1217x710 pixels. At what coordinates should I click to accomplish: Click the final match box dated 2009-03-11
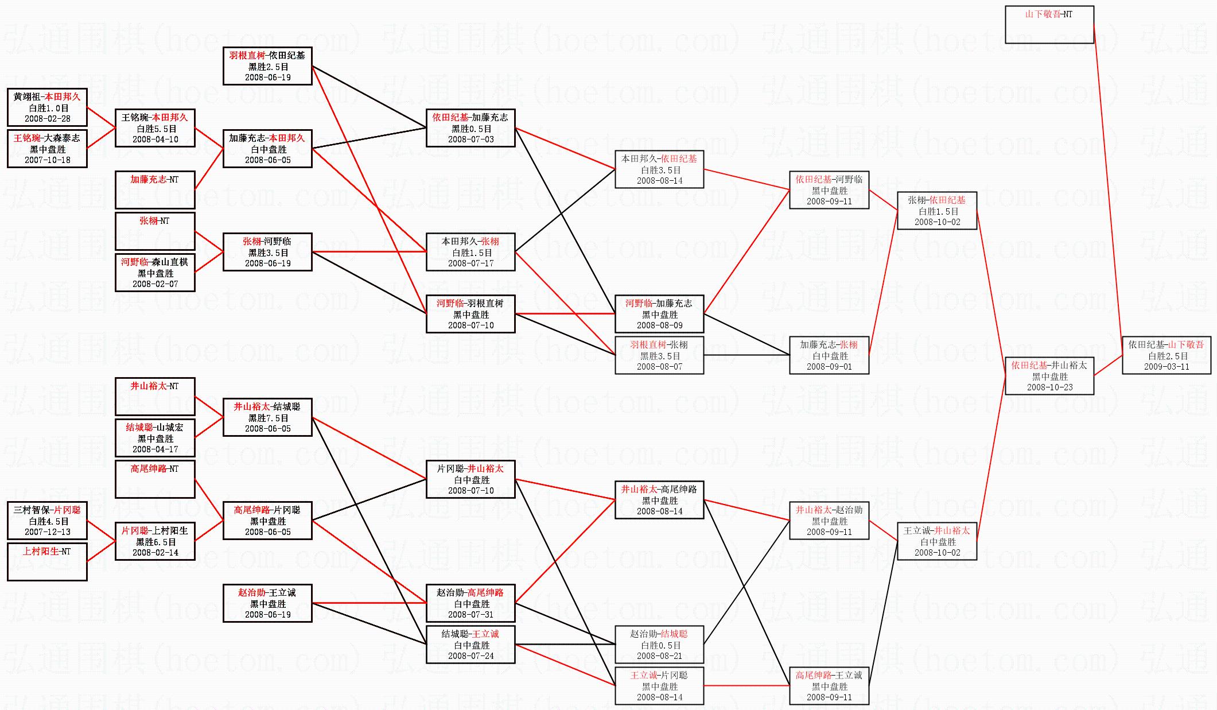pos(1166,355)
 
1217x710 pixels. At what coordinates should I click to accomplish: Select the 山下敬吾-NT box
pos(1049,25)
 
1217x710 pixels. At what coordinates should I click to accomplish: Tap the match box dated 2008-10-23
pos(1049,376)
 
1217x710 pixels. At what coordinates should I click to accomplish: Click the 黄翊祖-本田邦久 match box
pos(47,107)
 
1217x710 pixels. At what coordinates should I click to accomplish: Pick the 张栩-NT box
pos(155,231)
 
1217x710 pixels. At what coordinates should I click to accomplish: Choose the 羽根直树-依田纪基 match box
pos(267,66)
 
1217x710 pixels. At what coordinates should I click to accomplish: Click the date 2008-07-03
pos(471,139)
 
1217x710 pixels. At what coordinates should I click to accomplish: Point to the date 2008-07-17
pos(471,263)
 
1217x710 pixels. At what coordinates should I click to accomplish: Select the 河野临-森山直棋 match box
pos(155,273)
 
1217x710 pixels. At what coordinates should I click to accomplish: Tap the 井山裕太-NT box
pos(155,397)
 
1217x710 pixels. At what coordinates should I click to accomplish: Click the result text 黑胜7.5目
pos(267,418)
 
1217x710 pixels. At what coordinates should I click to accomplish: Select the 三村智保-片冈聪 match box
pos(47,521)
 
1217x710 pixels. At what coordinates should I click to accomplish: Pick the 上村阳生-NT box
pos(47,562)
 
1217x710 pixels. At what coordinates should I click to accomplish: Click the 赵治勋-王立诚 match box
pos(267,603)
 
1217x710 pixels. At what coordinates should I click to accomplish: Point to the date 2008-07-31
pos(471,615)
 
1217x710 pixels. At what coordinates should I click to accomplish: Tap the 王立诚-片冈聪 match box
pos(659,686)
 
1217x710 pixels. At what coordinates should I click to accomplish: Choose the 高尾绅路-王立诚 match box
pos(829,686)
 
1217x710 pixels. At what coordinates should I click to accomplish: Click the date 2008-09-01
pos(829,367)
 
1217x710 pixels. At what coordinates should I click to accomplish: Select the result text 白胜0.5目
pos(659,645)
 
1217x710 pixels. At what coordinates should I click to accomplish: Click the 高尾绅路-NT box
pos(155,479)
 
